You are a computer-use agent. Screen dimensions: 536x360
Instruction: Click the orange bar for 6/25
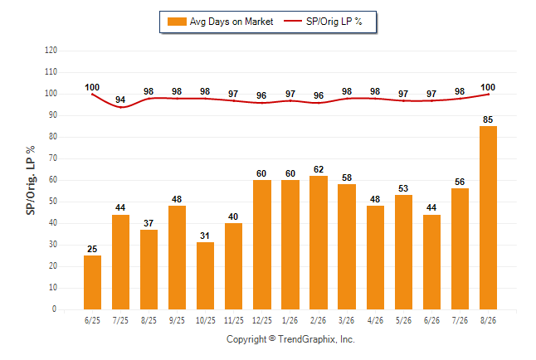92,282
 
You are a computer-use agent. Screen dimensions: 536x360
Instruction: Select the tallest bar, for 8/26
488,218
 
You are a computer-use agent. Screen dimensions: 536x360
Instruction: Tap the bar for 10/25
205,276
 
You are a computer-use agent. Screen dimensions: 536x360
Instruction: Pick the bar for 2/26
319,243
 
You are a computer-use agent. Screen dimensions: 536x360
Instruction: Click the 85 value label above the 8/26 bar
488,119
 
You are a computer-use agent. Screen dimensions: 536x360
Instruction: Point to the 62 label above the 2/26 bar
319,169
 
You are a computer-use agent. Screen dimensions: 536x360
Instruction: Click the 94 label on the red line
120,100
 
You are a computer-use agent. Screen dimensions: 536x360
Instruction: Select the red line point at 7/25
120,107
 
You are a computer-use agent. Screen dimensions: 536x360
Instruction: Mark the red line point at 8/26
488,95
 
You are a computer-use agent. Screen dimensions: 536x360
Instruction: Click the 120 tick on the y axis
51,51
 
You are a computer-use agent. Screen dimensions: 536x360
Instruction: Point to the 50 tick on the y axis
53,202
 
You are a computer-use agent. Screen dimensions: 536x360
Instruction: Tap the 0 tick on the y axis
55,309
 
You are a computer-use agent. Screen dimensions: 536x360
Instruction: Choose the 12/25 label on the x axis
262,321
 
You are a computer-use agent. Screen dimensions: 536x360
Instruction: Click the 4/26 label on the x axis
375,321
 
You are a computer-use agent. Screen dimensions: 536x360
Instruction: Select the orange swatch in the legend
177,22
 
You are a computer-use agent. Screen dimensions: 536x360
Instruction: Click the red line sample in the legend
293,21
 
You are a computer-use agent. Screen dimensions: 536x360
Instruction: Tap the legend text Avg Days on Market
231,22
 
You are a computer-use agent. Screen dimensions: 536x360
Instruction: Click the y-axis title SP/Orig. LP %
31,181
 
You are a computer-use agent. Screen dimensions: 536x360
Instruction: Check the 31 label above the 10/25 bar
205,236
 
